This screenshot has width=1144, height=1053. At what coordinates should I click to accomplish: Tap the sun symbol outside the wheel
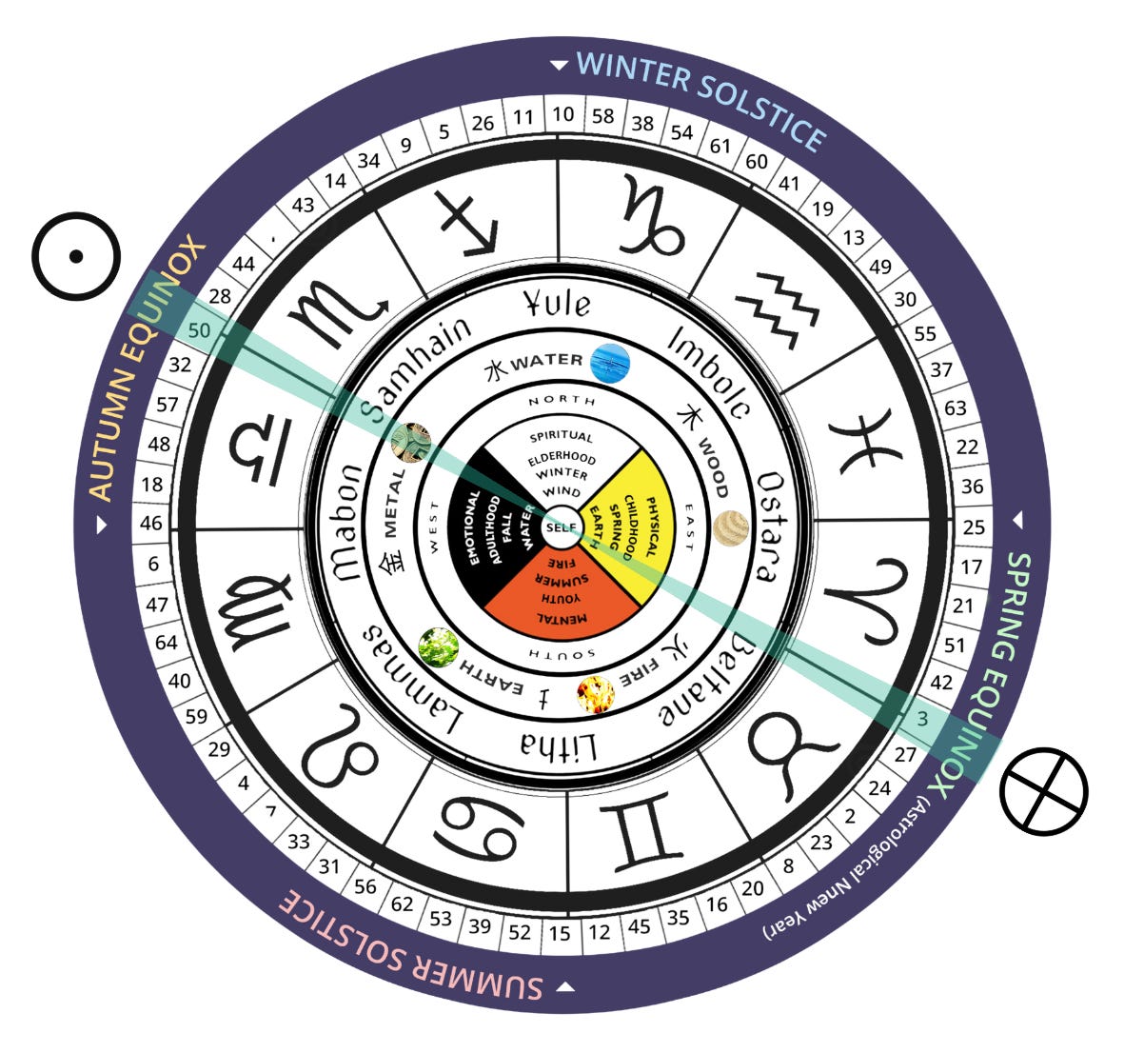(76, 256)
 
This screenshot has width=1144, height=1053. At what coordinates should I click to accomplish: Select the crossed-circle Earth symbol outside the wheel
(1044, 788)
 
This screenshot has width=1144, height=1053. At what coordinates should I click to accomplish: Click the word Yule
(559, 304)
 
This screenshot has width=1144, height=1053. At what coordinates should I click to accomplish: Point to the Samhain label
(419, 367)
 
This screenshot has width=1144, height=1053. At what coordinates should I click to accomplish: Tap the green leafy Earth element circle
(438, 648)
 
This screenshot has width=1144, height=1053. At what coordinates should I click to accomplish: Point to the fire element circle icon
(597, 694)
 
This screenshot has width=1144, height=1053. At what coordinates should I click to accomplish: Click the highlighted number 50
(200, 330)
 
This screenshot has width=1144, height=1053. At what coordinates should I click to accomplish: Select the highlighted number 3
(922, 718)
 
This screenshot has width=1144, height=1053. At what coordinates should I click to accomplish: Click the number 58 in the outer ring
(602, 116)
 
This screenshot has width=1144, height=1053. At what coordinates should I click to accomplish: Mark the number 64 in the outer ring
(166, 643)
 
